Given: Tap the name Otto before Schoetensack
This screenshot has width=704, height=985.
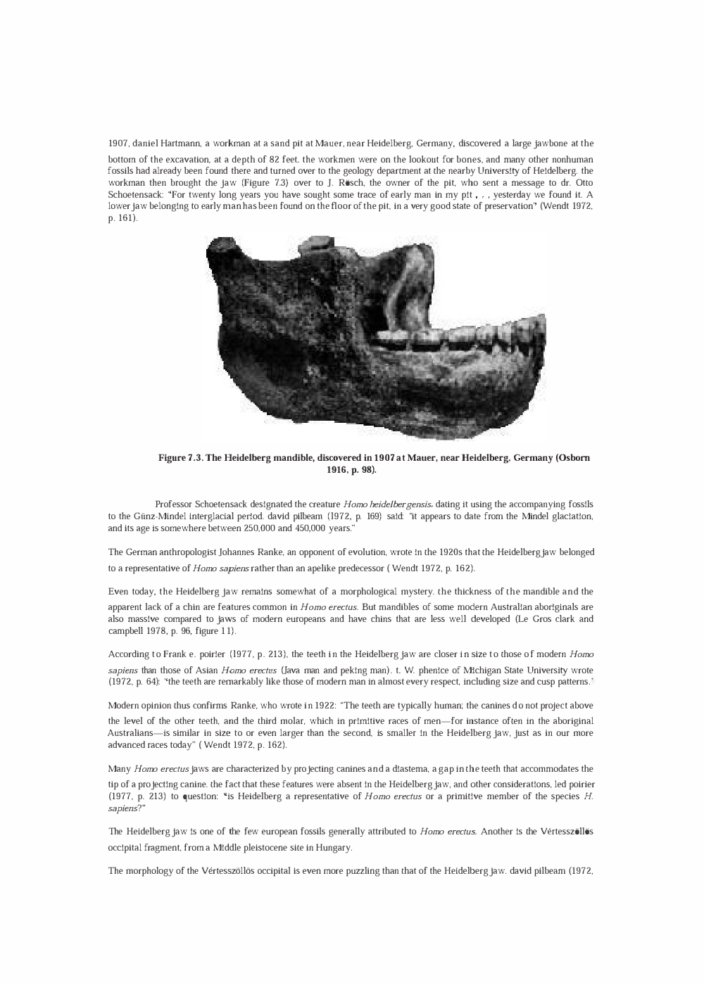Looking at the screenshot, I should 582,183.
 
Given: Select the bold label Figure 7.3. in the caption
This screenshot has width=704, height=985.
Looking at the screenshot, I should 182,458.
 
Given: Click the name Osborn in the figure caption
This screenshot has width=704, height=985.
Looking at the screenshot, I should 572,458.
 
